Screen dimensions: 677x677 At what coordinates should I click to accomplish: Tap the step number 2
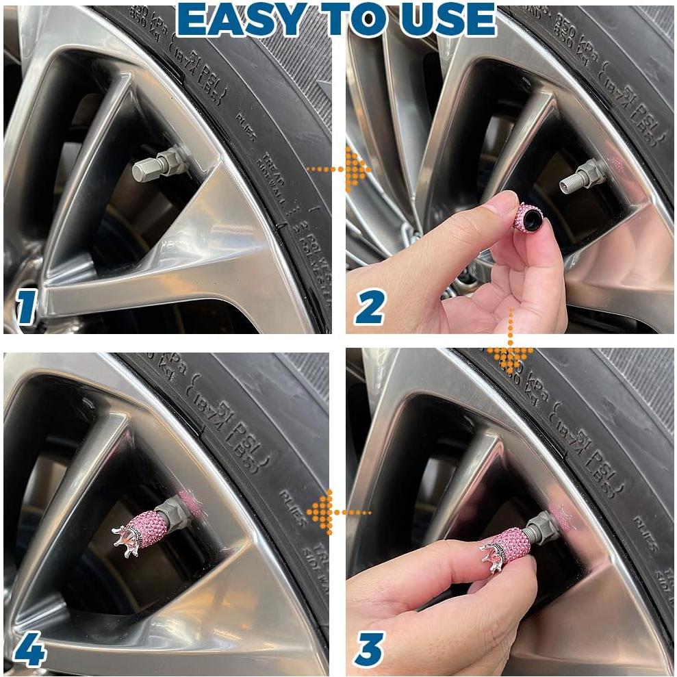pos(369,308)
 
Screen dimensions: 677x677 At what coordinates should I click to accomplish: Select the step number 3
pos(369,649)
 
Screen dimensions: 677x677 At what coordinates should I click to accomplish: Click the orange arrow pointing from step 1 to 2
pos(339,168)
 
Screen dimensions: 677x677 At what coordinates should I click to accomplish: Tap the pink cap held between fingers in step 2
pos(527,218)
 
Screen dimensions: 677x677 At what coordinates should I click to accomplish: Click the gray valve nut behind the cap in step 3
pos(542,528)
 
